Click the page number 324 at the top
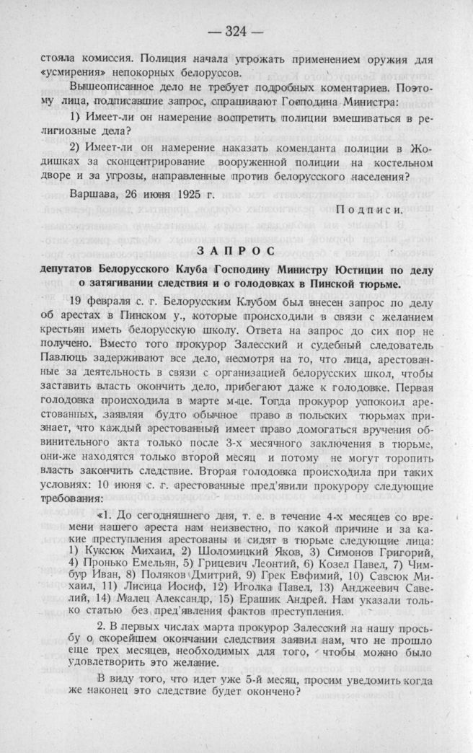pos(236,31)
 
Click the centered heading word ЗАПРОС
pos(236,250)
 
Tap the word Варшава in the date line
pos(94,195)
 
